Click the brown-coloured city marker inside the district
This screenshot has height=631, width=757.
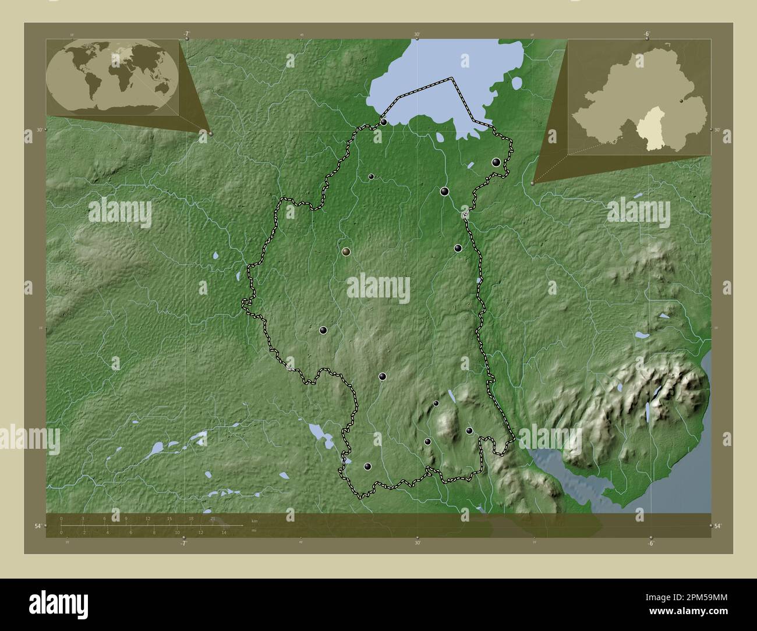pyautogui.click(x=346, y=251)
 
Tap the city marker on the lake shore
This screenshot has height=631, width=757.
pyautogui.click(x=384, y=122)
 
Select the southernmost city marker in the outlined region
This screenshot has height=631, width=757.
pyautogui.click(x=367, y=466)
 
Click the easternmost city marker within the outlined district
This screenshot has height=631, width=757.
pyautogui.click(x=496, y=162)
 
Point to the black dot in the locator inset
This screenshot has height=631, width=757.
pyautogui.click(x=681, y=101)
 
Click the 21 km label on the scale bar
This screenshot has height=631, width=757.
pyautogui.click(x=213, y=519)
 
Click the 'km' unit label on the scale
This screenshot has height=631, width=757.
pyautogui.click(x=254, y=520)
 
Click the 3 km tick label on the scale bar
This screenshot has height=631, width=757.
pyautogui.click(x=83, y=519)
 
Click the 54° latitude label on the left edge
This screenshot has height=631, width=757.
pyautogui.click(x=37, y=526)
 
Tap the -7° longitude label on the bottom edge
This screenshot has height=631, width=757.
pyautogui.click(x=183, y=543)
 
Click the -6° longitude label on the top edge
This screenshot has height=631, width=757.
pyautogui.click(x=646, y=34)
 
